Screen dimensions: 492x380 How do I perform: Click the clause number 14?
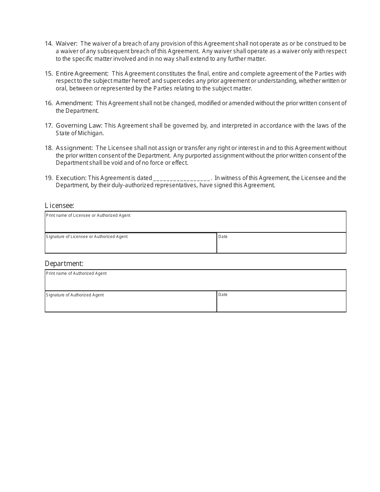point(48,44)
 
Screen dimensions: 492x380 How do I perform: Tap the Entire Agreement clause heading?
point(82,74)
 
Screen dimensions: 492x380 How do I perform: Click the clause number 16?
point(48,103)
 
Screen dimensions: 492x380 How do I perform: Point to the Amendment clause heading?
point(74,103)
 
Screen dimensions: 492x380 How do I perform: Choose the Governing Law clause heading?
point(79,126)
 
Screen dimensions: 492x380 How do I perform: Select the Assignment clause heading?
point(74,148)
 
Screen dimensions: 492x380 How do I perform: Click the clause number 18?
point(48,148)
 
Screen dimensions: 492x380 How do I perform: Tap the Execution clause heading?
point(71,178)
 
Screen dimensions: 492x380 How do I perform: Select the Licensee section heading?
point(59,206)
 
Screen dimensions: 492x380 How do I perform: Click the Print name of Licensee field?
point(195,223)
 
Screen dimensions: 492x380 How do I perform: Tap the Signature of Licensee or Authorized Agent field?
point(131,244)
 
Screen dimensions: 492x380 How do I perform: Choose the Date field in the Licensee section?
point(281,244)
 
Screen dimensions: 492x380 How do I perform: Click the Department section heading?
point(64,264)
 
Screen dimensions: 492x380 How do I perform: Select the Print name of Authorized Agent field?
point(195,282)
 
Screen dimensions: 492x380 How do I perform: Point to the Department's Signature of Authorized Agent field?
point(131,303)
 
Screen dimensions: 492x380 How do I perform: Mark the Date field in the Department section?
point(281,303)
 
